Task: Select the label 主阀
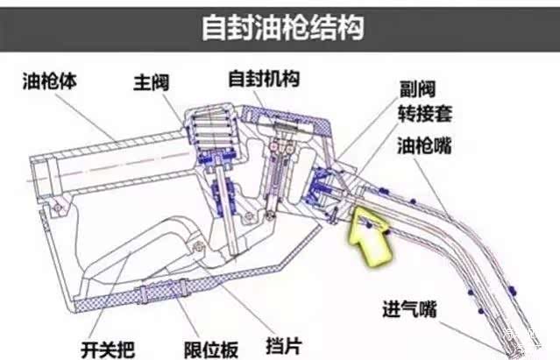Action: click(151, 82)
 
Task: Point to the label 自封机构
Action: click(264, 78)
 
